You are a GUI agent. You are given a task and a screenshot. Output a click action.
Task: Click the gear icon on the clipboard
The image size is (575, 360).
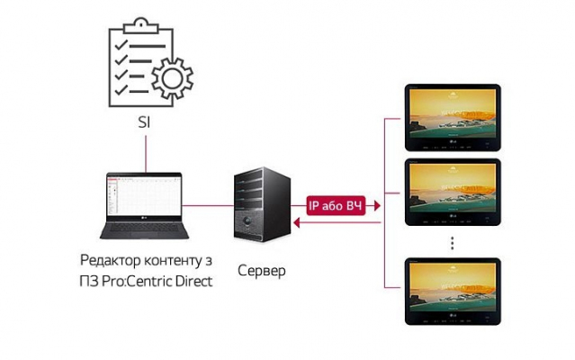171,80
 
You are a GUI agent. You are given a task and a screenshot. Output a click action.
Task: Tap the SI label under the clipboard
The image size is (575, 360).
144,121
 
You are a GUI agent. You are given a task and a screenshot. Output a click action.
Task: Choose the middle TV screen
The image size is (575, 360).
451,190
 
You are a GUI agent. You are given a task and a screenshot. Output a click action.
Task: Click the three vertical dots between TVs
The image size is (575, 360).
452,243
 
